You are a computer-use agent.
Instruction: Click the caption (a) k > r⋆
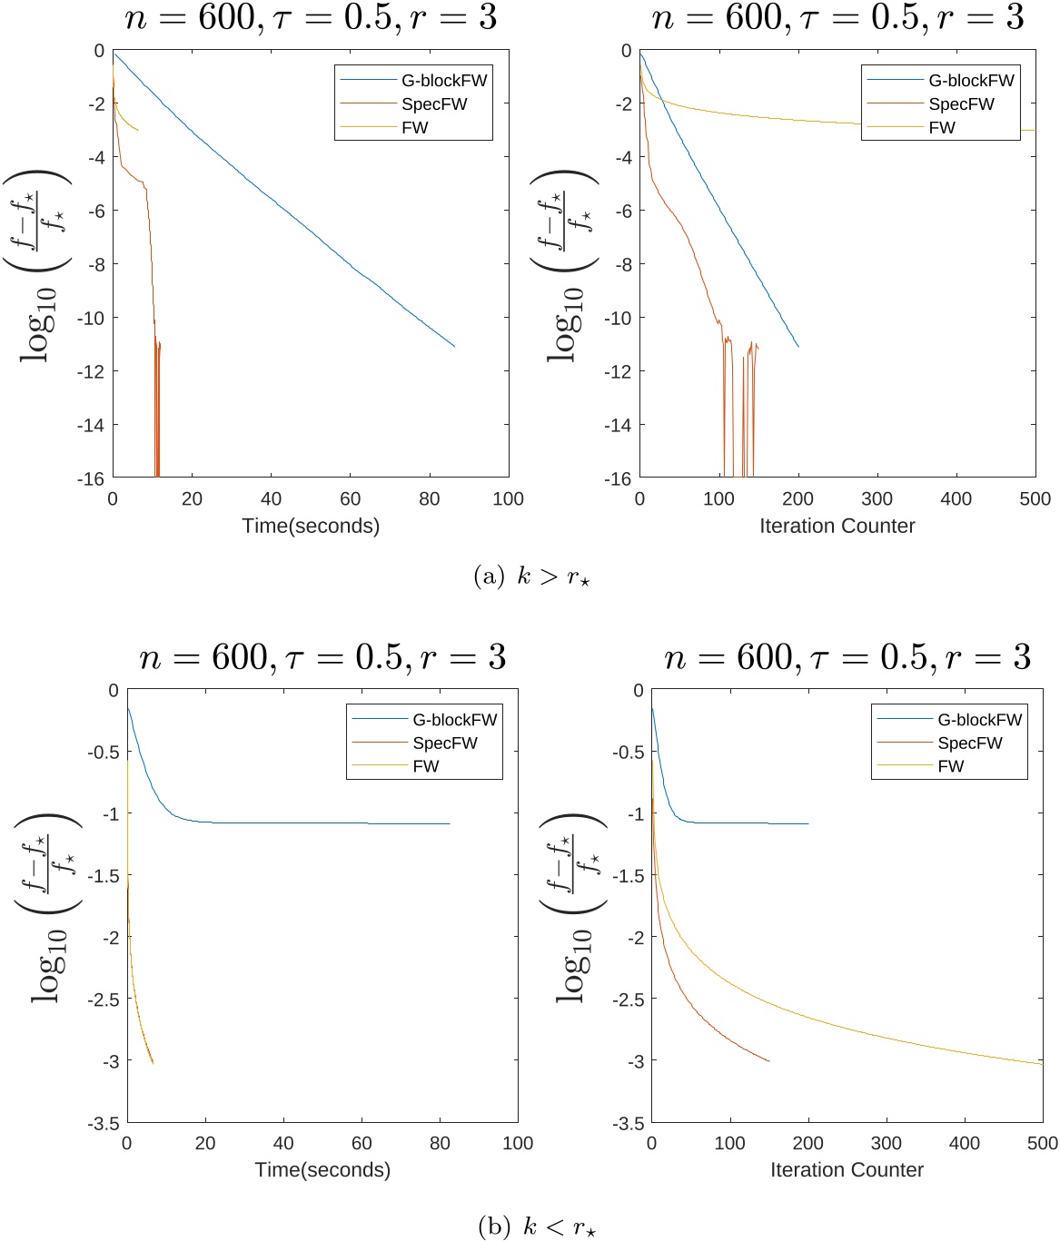(x=532, y=576)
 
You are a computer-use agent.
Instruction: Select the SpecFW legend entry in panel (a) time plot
(x=434, y=104)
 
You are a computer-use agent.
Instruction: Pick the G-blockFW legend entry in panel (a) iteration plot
(x=971, y=81)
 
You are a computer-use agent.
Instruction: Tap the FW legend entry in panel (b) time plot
(x=426, y=766)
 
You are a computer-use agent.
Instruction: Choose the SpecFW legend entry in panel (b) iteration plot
(x=970, y=743)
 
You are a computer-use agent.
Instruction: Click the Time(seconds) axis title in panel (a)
(x=311, y=526)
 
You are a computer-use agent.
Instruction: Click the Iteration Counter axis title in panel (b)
(x=847, y=1170)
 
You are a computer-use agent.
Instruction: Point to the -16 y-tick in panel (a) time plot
(x=91, y=478)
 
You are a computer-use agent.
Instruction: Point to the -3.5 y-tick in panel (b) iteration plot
(x=625, y=1123)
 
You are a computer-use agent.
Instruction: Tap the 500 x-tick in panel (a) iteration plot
(x=1035, y=498)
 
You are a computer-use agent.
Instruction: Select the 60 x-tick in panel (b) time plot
(x=362, y=1143)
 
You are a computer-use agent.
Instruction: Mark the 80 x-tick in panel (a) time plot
(x=429, y=498)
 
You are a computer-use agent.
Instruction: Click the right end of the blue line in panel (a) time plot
(x=454, y=346)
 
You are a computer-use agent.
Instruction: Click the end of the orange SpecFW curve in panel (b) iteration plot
(x=769, y=1061)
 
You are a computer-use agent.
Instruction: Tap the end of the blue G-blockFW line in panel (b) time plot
(x=450, y=823)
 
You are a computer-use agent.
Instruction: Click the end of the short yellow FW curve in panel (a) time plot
(x=138, y=130)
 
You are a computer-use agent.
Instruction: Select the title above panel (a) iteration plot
(x=837, y=18)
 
